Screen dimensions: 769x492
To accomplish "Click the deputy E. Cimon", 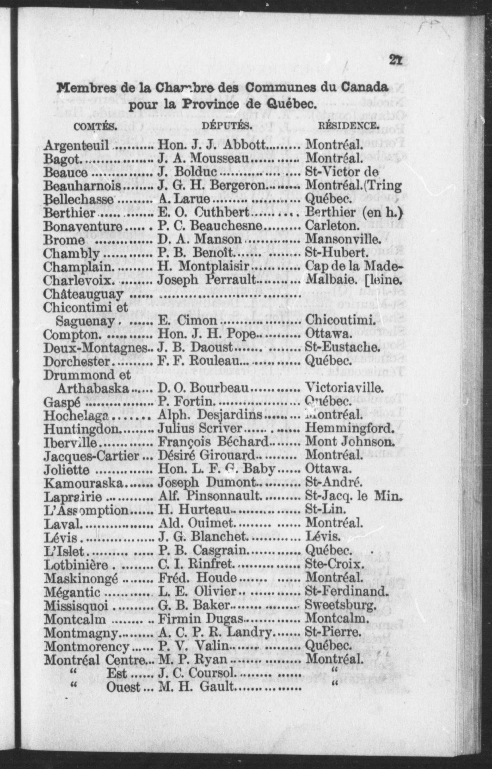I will (x=187, y=320).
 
